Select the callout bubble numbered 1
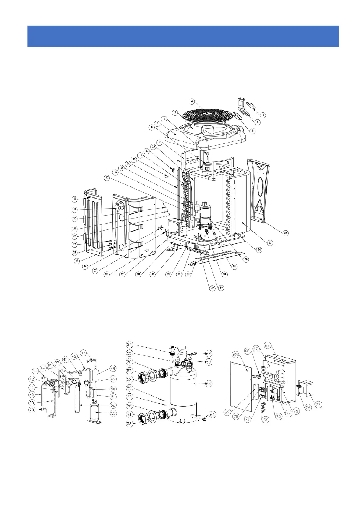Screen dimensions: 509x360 (x=263, y=115)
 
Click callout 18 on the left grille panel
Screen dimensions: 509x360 (x=74, y=199)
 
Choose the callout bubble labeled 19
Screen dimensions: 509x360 (x=74, y=209)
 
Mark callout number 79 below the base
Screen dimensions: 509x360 (x=212, y=288)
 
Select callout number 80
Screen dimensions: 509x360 (x=222, y=288)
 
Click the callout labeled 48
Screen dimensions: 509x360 (x=113, y=368)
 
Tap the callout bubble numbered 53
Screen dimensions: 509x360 (x=113, y=413)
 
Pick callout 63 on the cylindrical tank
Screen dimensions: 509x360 (x=208, y=384)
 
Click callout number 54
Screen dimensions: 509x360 (x=129, y=345)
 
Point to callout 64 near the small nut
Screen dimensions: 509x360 (x=212, y=414)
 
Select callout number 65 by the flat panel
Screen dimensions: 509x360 (x=236, y=354)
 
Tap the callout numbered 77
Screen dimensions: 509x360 (x=318, y=404)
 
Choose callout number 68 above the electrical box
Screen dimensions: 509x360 (x=267, y=345)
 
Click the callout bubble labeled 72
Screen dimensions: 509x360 (x=265, y=420)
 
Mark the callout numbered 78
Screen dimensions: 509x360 (x=32, y=410)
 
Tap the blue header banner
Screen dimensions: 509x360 (x=183, y=36)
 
